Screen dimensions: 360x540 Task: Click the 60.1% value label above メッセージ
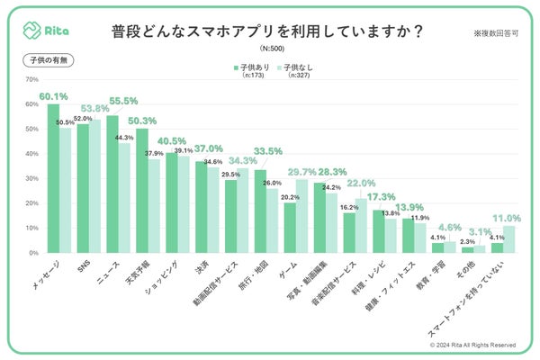click(x=52, y=95)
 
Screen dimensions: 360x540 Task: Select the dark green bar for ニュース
click(x=112, y=184)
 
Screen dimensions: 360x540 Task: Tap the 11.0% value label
click(x=507, y=218)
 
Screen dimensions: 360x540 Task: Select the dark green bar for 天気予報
click(x=142, y=191)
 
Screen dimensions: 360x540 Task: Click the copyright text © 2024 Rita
click(x=472, y=344)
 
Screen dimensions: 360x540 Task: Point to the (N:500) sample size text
click(x=269, y=48)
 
